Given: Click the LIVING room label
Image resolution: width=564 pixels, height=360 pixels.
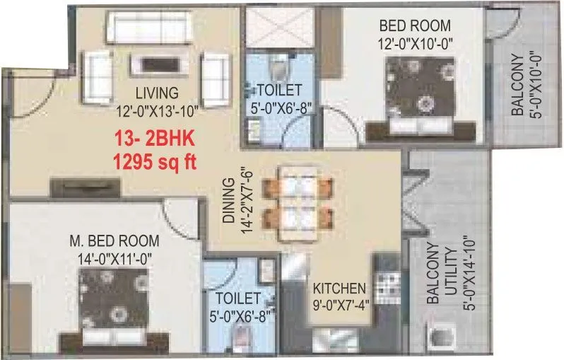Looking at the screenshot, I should pos(157,93).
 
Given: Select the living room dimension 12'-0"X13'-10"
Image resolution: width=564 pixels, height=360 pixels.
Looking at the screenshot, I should pos(157,110).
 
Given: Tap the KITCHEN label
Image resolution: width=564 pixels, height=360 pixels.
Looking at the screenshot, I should pos(340,289).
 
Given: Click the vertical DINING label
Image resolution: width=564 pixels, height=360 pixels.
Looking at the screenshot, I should pos(228,202).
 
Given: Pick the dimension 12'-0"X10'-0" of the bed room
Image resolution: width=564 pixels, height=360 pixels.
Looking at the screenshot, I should pos(415,42).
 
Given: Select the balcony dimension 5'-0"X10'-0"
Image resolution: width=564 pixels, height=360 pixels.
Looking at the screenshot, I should pos(536,86).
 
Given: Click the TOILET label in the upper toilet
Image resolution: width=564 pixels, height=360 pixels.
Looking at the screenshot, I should pos(280,90).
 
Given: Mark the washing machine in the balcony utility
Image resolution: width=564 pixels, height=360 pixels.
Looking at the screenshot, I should pos(442,337).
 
